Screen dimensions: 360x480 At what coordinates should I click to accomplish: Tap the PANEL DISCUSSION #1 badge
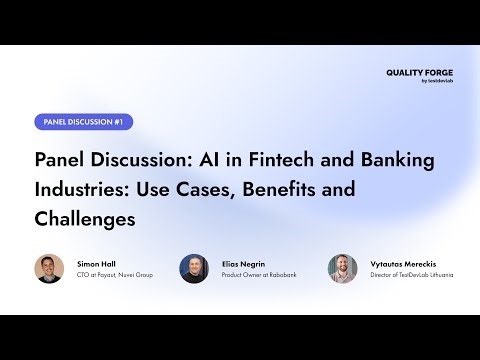coord(83,122)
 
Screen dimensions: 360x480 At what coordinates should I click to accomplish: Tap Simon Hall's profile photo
coord(49,268)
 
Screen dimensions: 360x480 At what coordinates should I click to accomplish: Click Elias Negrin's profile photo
coord(194,268)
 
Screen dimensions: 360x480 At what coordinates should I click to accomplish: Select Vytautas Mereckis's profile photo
coord(343,268)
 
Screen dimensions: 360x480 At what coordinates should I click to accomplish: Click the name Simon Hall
coord(96,262)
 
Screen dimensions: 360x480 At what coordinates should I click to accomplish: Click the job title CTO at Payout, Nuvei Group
coord(115,274)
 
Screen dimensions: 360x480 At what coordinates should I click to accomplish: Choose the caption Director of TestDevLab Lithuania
coord(411,274)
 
